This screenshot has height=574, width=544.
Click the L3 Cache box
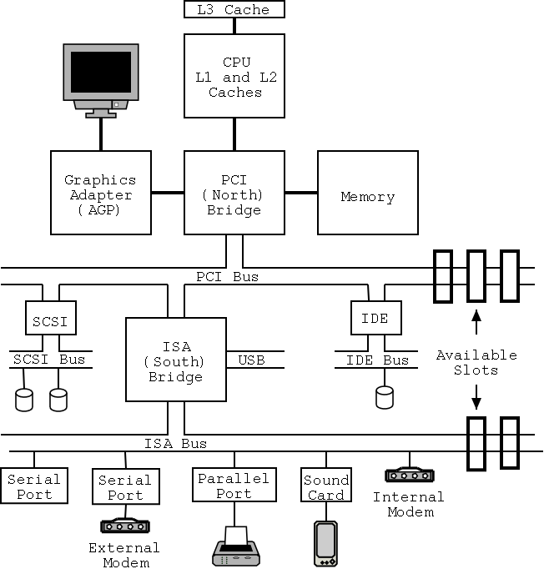tap(234, 9)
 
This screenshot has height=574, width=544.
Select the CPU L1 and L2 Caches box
tap(234, 76)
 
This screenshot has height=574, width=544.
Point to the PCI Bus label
tap(227, 276)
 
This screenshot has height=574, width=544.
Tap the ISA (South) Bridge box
tap(176, 360)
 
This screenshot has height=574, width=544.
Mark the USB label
tap(251, 360)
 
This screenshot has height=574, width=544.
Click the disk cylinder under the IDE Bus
tap(384, 397)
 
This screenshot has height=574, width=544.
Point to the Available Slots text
tap(476, 362)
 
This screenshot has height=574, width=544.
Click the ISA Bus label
tap(175, 444)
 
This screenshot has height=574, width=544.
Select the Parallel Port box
tap(234, 486)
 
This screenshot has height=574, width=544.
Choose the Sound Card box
tap(325, 486)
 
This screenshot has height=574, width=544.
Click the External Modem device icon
tap(123, 526)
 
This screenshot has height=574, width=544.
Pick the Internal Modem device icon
tap(409, 475)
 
